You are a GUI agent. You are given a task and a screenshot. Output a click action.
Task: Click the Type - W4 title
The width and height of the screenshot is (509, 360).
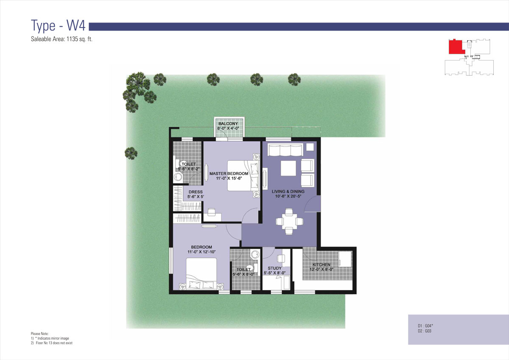pos(58,25)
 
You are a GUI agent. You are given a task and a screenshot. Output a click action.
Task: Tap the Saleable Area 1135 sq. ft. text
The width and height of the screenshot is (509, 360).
pos(62,39)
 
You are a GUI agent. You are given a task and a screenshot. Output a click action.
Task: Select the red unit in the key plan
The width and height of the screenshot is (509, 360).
pos(457,47)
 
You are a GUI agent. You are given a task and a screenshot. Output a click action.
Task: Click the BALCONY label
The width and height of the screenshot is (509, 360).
pos(228,123)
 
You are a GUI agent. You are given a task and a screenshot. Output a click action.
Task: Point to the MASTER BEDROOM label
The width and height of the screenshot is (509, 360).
pos(229,173)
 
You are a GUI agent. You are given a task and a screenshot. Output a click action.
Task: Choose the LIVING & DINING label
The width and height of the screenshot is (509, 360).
pos(288,192)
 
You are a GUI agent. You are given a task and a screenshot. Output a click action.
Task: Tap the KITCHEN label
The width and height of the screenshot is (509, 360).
pos(322,265)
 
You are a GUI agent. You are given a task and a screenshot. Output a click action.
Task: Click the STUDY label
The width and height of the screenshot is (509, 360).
pos(274,268)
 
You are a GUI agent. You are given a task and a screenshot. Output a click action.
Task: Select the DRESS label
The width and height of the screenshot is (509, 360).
pos(196,192)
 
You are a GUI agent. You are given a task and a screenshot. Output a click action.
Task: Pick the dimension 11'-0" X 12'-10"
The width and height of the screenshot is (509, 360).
pos(201,251)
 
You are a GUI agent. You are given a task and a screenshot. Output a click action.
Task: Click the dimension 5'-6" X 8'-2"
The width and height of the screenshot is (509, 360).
pos(189,169)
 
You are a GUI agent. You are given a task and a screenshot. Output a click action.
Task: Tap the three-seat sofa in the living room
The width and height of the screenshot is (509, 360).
pos(285,150)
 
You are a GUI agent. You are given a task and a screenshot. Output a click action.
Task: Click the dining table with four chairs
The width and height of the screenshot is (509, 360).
pos(289,221)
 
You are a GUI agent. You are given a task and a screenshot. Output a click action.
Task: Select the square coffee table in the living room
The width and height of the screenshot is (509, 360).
pos(288,168)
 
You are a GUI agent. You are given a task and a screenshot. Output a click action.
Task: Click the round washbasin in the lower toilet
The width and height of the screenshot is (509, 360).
pos(255,254)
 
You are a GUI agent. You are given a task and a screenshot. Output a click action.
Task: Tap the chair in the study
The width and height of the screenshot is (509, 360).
pos(281,258)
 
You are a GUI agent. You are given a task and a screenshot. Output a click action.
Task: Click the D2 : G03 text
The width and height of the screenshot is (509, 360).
pos(425,331)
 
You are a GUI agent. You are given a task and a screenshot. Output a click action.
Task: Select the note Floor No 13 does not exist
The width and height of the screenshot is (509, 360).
pos(54,343)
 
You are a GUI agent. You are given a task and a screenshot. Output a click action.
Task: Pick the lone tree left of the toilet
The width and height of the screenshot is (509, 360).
pos(131,153)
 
